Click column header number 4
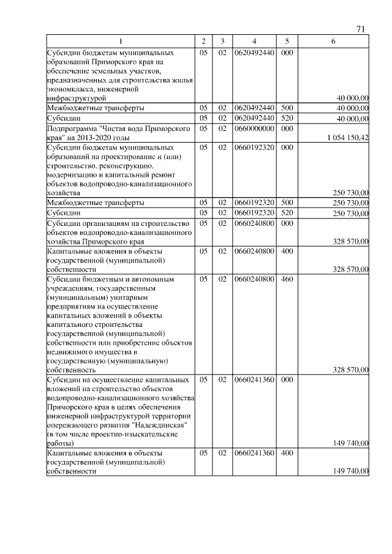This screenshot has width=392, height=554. click(x=254, y=41)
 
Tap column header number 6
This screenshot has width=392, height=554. click(x=333, y=41)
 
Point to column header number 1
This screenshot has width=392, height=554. click(x=121, y=41)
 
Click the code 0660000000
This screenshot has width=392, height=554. click(x=254, y=129)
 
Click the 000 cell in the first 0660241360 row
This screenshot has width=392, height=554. click(x=286, y=380)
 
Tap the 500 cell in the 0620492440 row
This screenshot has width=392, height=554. click(x=286, y=108)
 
